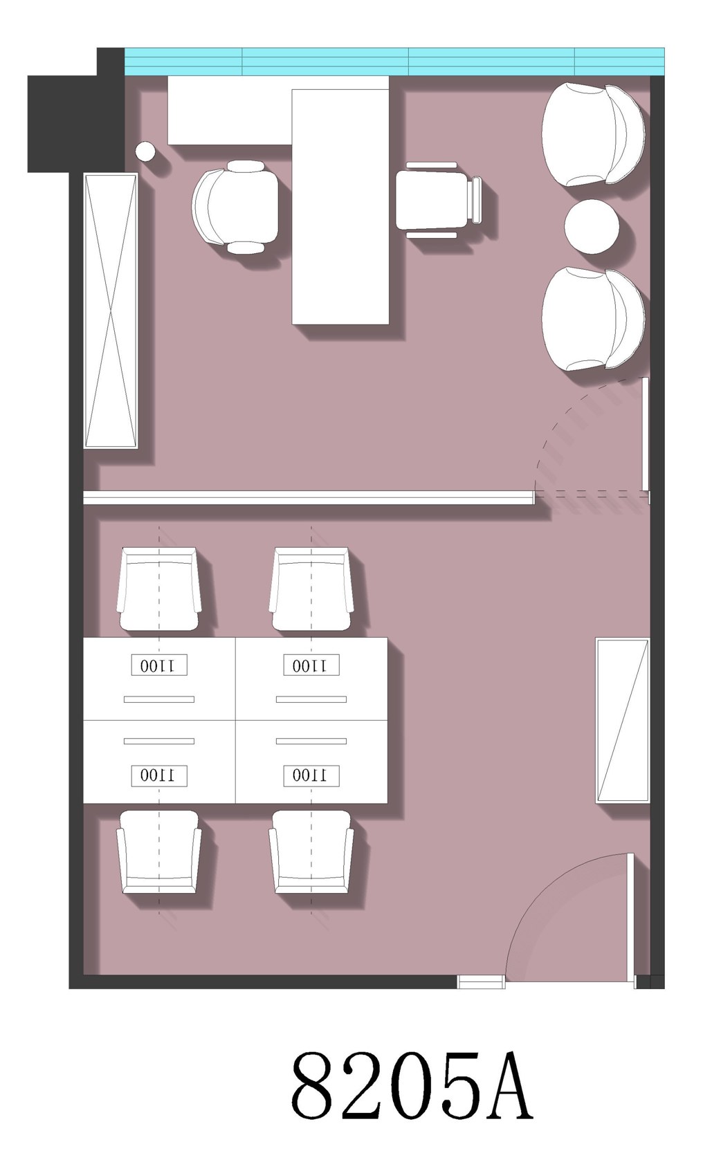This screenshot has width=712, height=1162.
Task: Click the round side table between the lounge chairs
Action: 592,227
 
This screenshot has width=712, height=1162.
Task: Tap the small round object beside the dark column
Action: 145,151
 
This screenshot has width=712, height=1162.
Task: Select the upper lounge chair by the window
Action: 593,134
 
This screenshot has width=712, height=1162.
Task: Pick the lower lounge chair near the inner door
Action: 593,319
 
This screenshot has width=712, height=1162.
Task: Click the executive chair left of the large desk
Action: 235,206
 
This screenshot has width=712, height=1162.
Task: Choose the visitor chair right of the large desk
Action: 439,201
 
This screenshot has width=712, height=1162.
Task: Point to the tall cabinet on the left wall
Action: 111,311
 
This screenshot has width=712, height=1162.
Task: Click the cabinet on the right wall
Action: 622,721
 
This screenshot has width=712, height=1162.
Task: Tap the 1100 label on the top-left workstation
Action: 159,665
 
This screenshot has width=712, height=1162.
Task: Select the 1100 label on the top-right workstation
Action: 311,665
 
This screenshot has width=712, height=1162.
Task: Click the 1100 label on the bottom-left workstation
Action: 159,775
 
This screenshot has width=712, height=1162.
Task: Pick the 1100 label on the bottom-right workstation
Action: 311,775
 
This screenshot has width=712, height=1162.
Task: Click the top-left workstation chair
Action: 159,589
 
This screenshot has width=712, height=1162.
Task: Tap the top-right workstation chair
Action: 311,589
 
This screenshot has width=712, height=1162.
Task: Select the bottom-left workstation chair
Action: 159,852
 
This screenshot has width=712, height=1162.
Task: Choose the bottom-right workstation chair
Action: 311,852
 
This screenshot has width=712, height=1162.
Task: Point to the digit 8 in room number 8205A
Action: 313,1085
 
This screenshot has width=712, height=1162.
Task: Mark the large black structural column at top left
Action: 76,110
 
